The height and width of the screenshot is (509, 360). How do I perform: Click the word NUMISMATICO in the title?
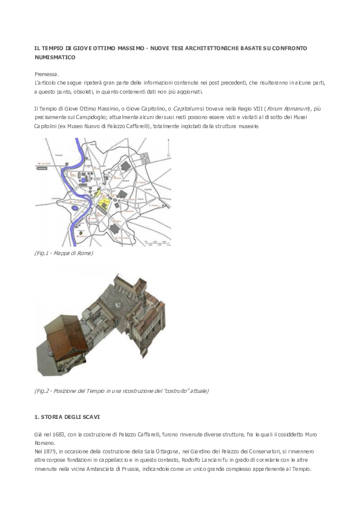[x=54, y=57]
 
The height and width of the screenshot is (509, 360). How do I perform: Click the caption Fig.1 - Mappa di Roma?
[x=64, y=253]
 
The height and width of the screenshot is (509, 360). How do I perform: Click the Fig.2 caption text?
[x=121, y=391]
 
